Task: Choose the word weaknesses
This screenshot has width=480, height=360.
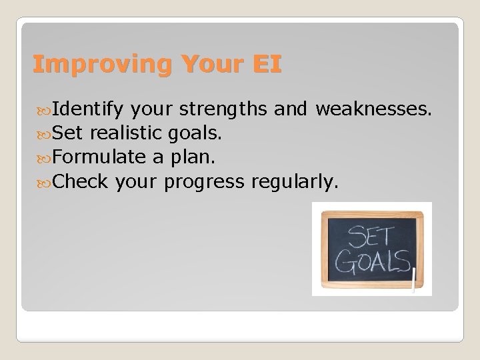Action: click(x=374, y=109)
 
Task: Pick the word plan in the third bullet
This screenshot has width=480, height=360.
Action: click(x=193, y=157)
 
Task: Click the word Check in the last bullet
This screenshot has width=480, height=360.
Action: click(x=80, y=181)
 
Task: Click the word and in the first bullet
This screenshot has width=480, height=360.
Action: click(x=289, y=109)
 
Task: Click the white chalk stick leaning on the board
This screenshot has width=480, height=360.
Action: click(x=414, y=280)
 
